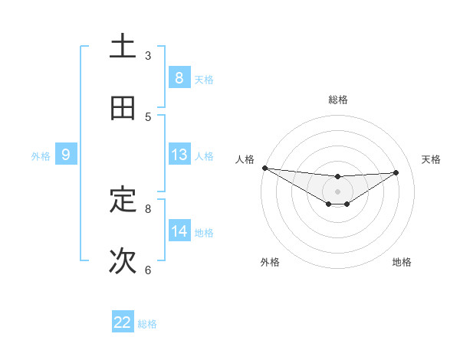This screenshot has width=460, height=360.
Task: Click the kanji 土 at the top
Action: (123, 47)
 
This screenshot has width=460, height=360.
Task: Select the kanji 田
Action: (123, 109)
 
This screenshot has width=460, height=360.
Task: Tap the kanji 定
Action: (123, 201)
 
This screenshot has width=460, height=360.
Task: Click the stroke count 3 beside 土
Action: (148, 56)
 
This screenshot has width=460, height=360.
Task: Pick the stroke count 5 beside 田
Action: (148, 117)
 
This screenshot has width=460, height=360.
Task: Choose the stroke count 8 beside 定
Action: (148, 208)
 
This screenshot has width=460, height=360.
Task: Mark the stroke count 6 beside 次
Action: (148, 270)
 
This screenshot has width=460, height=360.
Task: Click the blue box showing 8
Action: (179, 78)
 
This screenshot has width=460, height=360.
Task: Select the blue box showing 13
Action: (179, 155)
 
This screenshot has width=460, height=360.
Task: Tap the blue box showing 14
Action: (179, 231)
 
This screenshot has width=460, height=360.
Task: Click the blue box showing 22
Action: (123, 322)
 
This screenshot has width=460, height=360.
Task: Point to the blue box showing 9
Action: (66, 155)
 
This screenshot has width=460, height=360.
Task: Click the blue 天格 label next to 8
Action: (204, 79)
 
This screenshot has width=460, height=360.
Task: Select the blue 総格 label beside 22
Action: (147, 324)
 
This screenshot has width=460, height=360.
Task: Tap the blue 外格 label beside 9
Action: (41, 156)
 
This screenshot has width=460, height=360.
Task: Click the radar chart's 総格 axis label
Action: (337, 100)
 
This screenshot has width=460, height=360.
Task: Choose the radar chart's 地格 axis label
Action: (402, 262)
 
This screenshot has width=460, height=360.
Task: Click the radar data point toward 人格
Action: (264, 168)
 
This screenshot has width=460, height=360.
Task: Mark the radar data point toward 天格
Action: (396, 172)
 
